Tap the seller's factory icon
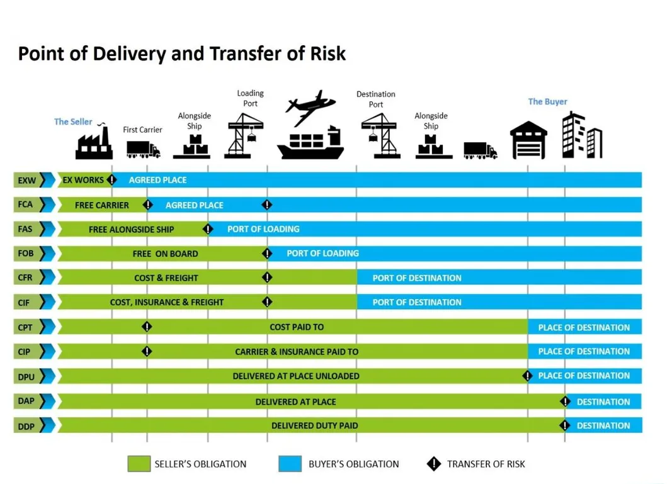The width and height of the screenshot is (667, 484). click(x=94, y=144)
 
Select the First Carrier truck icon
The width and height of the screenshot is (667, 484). click(x=143, y=149)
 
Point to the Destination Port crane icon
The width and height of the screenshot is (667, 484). click(x=379, y=135)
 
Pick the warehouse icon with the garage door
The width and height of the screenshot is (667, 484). click(x=528, y=140)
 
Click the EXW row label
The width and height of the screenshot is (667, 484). click(x=28, y=181)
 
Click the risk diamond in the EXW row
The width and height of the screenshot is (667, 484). click(x=111, y=180)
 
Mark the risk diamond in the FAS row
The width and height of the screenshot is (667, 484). click(x=208, y=229)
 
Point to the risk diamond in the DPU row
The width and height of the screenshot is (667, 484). click(x=527, y=376)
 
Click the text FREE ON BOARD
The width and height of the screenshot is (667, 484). click(x=165, y=254)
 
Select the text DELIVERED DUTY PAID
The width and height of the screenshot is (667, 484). click(x=314, y=426)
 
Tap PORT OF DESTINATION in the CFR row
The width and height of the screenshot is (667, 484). click(x=416, y=278)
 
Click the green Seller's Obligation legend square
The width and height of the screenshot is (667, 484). click(x=139, y=464)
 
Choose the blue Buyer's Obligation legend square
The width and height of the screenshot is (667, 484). click(x=290, y=464)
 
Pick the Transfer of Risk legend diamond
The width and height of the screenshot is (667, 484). click(x=433, y=464)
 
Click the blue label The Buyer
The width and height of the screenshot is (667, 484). click(x=547, y=101)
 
